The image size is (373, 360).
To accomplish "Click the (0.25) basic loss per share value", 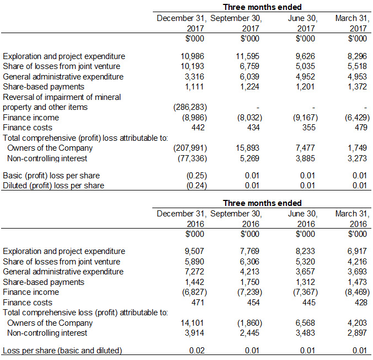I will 191,176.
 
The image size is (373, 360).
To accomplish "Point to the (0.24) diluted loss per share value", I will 191,186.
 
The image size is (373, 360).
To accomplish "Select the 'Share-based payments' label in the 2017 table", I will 44,87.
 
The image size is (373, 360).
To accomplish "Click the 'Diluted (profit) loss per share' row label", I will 54,186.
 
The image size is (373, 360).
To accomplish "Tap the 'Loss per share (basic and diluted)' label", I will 62,351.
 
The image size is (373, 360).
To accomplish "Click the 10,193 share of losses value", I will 193,66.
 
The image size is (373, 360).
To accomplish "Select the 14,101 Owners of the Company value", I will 193,323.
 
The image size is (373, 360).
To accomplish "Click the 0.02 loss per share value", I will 197,351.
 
